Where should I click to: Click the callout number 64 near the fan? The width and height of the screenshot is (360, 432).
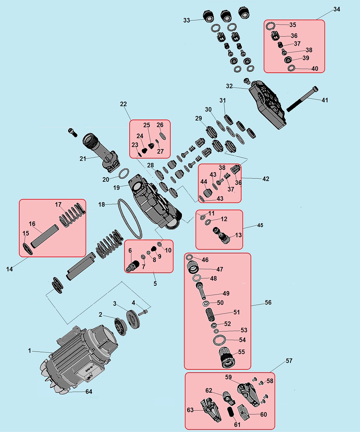[x=89, y=392]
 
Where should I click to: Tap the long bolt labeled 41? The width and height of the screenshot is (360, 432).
[x=302, y=99]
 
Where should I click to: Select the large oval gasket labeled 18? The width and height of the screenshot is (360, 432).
[x=130, y=219]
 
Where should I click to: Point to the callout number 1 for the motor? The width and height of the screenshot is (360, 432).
[x=30, y=351]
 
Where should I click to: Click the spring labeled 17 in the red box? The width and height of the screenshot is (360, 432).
[x=72, y=215]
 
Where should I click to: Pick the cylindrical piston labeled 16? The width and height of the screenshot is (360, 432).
[x=45, y=236]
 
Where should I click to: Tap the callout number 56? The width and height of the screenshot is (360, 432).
[x=268, y=303]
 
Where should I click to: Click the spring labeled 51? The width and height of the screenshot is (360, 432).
[x=210, y=315]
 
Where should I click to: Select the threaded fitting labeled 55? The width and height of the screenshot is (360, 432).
[x=227, y=358]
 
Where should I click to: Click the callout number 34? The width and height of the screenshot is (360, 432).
[x=336, y=9]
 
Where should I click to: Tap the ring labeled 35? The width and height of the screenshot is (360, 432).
[x=270, y=26]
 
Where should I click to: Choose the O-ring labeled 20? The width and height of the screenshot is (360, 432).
[x=124, y=173]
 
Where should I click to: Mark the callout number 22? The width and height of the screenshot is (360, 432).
[x=123, y=104]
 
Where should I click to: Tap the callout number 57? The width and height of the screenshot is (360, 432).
[x=289, y=361]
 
